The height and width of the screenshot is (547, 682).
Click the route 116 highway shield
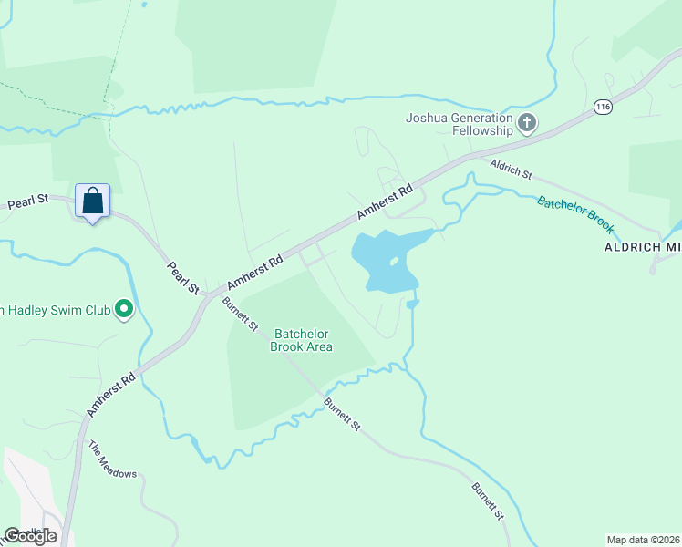[603, 106]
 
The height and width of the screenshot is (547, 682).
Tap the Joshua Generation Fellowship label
[460, 124]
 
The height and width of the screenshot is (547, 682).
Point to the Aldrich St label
[511, 168]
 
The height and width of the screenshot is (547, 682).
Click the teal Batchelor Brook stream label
[575, 214]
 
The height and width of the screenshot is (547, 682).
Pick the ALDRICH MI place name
[642, 247]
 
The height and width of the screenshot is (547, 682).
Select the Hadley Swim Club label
[55, 311]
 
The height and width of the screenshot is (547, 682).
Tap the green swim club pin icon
[125, 311]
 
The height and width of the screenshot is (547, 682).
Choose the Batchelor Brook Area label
[303, 340]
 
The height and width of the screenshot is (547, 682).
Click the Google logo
[30, 535]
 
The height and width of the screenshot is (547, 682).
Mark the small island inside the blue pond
[393, 263]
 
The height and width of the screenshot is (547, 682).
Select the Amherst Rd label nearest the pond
[386, 202]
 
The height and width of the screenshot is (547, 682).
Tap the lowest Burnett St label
[488, 501]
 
